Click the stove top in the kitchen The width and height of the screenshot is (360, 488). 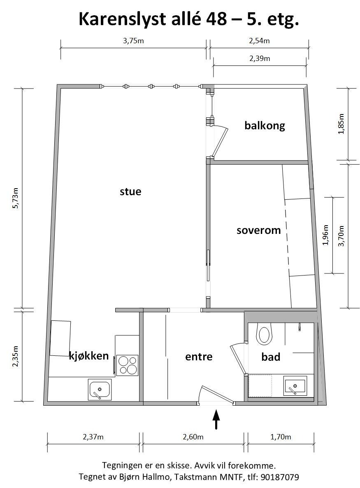pyautogui.click(x=127, y=365)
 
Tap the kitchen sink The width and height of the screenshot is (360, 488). pyautogui.click(x=100, y=390)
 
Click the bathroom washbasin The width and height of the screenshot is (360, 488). pyautogui.click(x=295, y=387)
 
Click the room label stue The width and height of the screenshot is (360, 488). pyautogui.click(x=130, y=191)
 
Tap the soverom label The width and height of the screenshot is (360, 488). pyautogui.click(x=258, y=230)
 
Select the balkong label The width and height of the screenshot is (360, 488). pyautogui.click(x=265, y=126)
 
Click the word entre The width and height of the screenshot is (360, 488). pyautogui.click(x=199, y=357)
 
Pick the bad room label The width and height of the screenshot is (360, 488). pyautogui.click(x=271, y=357)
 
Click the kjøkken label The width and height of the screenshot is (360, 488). pyautogui.click(x=89, y=356)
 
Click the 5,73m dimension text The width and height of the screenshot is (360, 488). pyautogui.click(x=16, y=198)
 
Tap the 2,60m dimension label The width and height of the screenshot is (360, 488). pyautogui.click(x=193, y=437)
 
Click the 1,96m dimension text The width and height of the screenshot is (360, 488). pyautogui.click(x=325, y=235)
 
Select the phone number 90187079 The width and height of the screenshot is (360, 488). pyautogui.click(x=279, y=477)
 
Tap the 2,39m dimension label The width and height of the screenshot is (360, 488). pyautogui.click(x=260, y=58)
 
